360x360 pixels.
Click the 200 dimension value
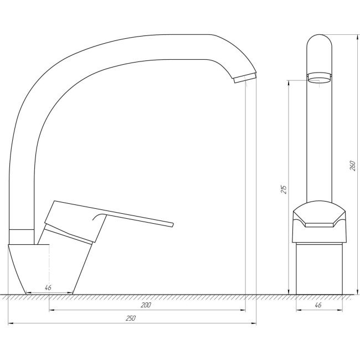click(x=146, y=305)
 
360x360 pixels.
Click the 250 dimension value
click(x=130, y=318)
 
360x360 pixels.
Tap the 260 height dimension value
click(x=352, y=166)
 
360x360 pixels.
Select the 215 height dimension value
click(x=284, y=189)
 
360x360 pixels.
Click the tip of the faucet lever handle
click(x=172, y=224)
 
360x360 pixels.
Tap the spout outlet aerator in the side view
click(x=245, y=78)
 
